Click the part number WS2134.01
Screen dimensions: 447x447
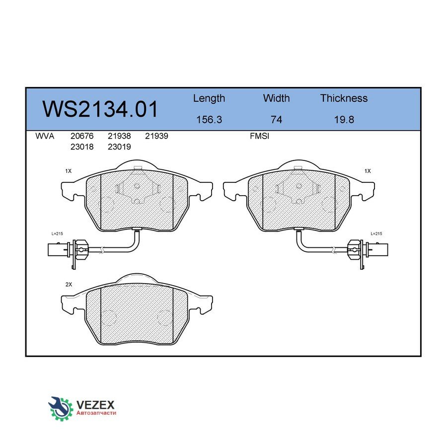pos(100,109)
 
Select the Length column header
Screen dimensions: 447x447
pos(209,98)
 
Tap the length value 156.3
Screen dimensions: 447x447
pos(209,120)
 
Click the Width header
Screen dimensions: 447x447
pos(276,98)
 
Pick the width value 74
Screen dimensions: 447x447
pos(276,120)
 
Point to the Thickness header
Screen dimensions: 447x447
pos(344,98)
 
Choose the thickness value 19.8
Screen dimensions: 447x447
pos(344,120)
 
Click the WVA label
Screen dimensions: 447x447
pos(45,136)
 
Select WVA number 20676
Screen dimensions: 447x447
pos(82,136)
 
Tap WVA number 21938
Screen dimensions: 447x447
pos(119,136)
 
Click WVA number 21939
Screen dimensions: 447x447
pos(156,136)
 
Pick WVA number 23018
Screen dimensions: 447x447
pos(82,147)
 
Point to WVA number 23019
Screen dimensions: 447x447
pos(119,147)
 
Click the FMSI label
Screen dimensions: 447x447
pos(259,136)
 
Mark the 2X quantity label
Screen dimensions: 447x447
pos(69,285)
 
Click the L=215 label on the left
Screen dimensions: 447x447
pos(58,233)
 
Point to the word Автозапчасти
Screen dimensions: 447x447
pos(96,413)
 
